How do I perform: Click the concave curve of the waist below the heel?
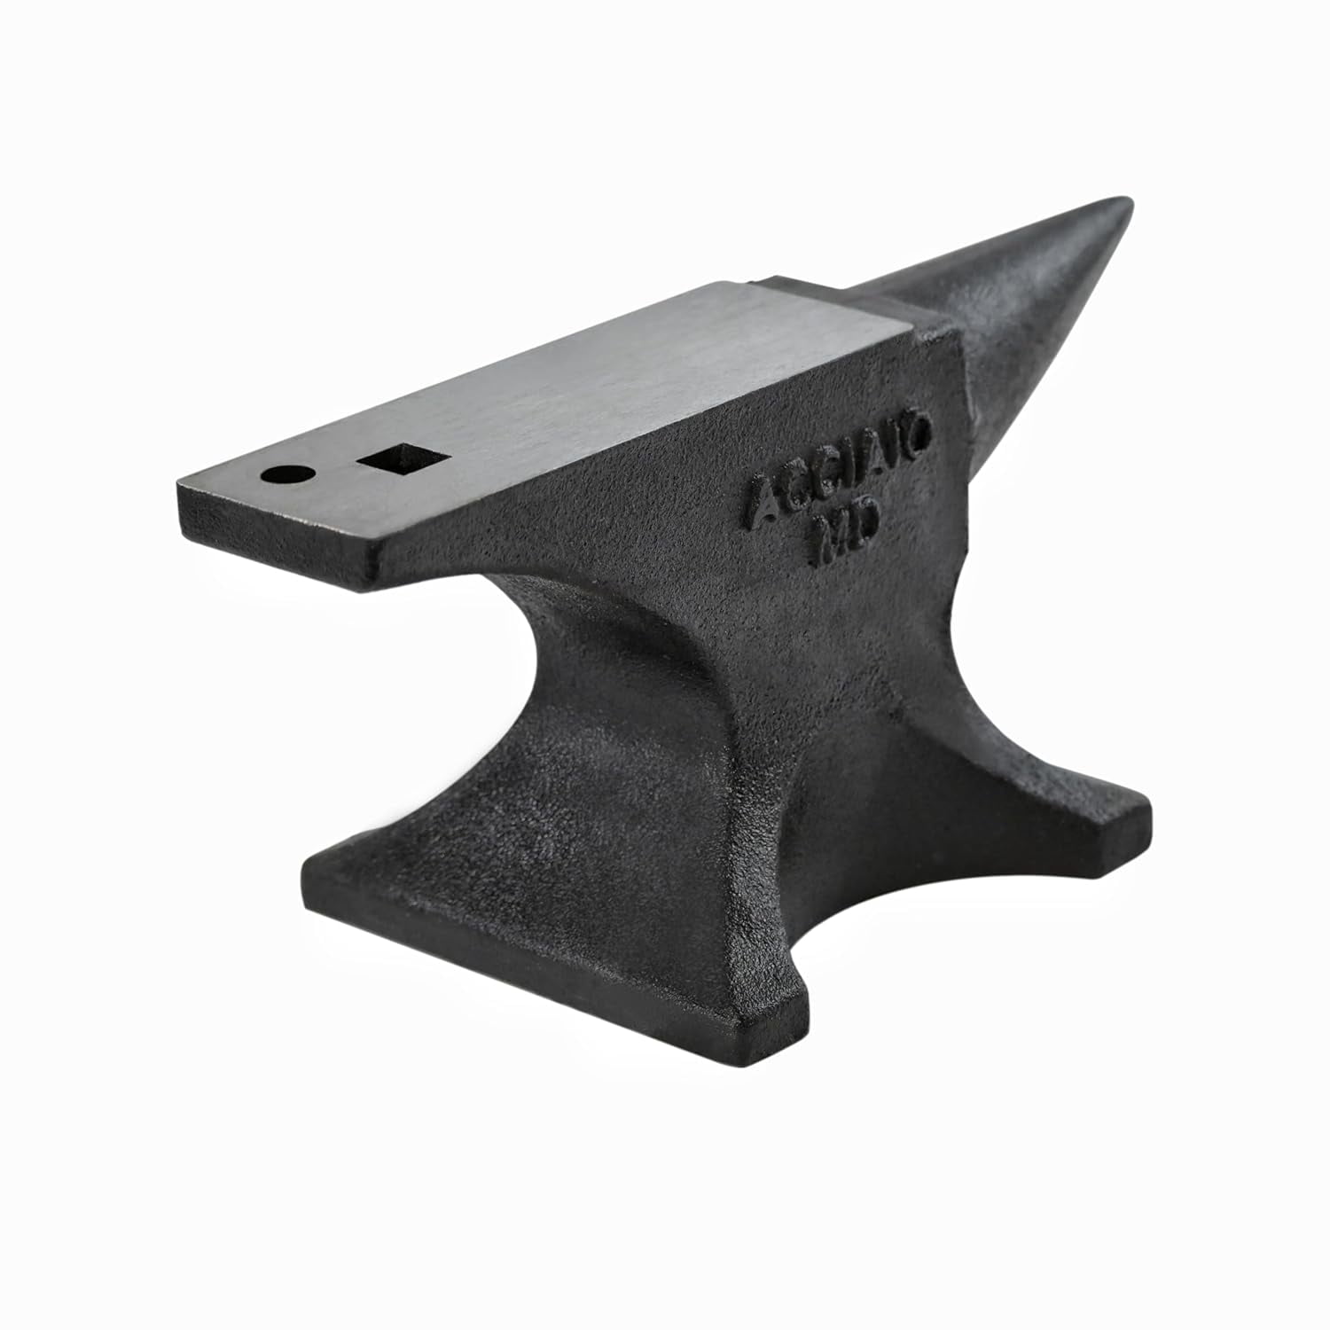pos(567,674)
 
